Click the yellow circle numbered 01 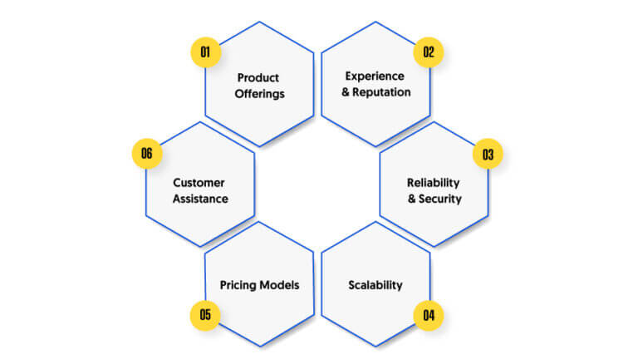(x=205, y=52)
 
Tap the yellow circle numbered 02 (x=429, y=52)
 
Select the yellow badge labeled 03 (x=488, y=154)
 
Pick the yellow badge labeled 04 (x=429, y=316)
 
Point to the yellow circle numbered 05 (x=205, y=315)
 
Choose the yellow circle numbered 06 (x=147, y=154)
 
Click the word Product (x=258, y=77)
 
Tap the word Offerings (x=259, y=94)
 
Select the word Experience (x=375, y=76)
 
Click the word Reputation (x=381, y=92)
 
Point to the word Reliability (x=434, y=183)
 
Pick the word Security (x=440, y=199)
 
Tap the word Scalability (x=375, y=285)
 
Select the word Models (x=279, y=285)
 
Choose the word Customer (x=199, y=183)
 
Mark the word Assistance (x=200, y=199)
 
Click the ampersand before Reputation (x=346, y=92)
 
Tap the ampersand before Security (x=412, y=199)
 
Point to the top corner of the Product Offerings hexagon (x=259, y=22)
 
